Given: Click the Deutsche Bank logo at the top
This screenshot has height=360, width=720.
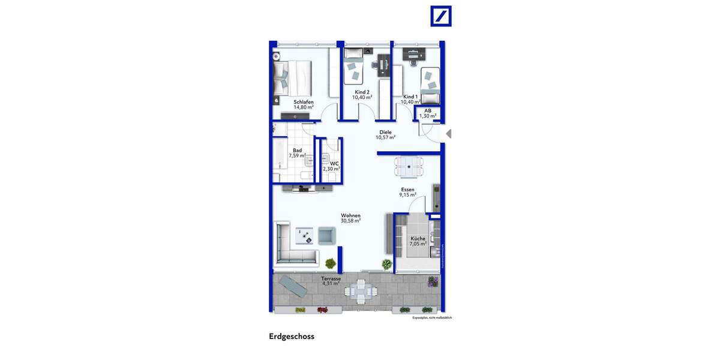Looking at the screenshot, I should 441,16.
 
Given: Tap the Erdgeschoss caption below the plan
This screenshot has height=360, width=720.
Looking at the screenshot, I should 292,337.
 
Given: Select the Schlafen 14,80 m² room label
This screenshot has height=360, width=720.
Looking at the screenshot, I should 304,104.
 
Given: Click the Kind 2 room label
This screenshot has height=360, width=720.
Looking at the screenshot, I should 362,94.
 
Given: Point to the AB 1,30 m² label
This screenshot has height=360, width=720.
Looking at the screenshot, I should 428,113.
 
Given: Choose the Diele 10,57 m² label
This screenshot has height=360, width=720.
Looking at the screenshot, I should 385,134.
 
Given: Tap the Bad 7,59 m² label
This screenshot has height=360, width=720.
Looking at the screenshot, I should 297,153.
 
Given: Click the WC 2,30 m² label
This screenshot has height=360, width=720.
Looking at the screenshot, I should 331,166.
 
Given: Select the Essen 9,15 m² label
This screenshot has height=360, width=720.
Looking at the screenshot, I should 408,192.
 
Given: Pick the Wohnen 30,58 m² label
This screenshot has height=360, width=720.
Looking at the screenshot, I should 350,218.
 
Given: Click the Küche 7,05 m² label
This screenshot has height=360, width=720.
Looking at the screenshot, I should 418,241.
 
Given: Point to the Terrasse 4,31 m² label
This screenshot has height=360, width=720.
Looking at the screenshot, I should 331,281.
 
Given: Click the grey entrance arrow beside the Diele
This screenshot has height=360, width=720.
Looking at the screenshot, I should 448,134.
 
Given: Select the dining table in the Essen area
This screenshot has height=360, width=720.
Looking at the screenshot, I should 408,166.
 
